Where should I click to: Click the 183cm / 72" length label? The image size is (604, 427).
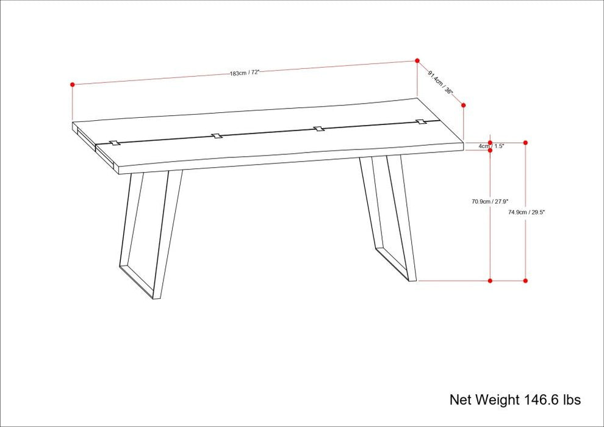coord(245,73)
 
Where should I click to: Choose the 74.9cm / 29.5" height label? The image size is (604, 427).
coord(527,212)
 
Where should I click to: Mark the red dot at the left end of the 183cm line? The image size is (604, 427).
coord(73,85)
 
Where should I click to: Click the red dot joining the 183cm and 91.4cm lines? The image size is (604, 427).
coord(417,61)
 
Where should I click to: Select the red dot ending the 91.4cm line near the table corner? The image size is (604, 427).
coord(464,105)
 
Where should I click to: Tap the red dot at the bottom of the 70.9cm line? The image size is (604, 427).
coord(490,281)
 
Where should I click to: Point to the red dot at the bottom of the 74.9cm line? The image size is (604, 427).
coord(526,281)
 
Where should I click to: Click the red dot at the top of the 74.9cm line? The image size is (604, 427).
coord(526,143)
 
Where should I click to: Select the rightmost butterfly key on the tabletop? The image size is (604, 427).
coord(421,123)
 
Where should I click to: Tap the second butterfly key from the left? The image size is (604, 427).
coord(217,135)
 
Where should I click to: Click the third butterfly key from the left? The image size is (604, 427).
coord(318,129)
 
